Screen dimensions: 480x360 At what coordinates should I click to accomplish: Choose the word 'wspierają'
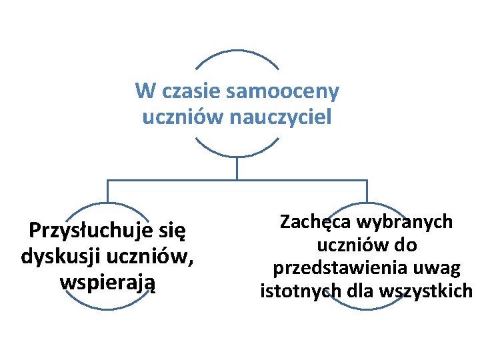coord(107,282)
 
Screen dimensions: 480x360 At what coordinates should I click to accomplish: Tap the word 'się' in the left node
coord(171,231)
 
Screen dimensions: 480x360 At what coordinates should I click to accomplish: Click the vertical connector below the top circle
coord(237,168)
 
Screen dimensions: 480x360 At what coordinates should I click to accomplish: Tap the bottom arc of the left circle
coord(107,308)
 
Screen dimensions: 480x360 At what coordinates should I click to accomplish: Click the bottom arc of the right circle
coord(366,308)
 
